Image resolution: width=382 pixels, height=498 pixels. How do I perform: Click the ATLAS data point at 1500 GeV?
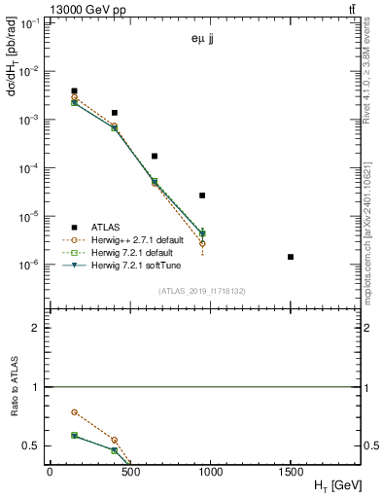[x=291, y=257]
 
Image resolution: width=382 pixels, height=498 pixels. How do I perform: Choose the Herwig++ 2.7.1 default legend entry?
[x=144, y=239]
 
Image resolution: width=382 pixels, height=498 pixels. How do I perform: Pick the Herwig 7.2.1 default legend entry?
[x=139, y=252]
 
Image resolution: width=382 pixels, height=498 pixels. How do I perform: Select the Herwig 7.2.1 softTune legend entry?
[x=142, y=265]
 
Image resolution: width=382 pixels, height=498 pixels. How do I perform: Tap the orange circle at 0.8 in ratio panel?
[x=74, y=412]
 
